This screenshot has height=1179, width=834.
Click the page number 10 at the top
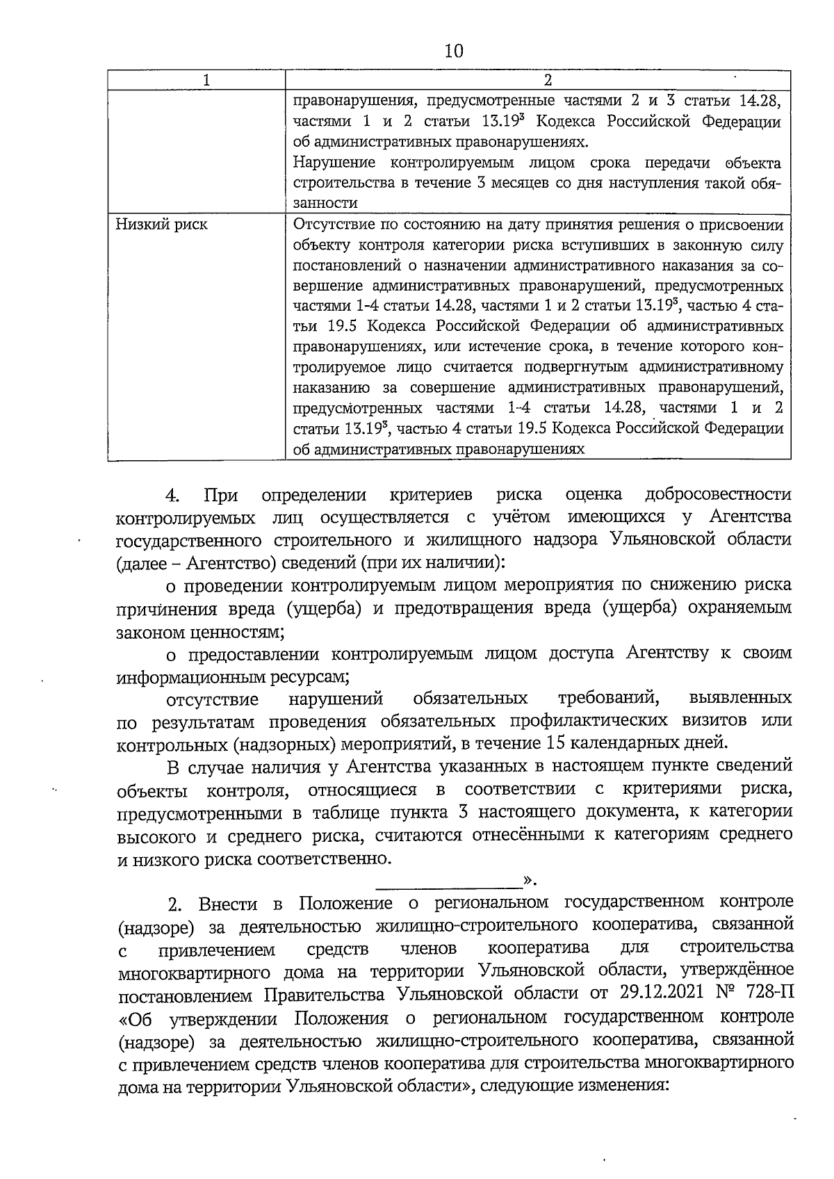point(452,51)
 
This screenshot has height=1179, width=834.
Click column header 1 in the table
point(206,81)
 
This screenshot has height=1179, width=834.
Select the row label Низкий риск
point(161,225)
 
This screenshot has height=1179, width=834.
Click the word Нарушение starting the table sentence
point(334,163)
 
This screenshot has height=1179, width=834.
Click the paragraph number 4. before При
point(172,495)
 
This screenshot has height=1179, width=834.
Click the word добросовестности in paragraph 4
point(717,495)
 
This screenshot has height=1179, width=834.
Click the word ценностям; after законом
point(236,632)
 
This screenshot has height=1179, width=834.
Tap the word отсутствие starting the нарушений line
point(212,699)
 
